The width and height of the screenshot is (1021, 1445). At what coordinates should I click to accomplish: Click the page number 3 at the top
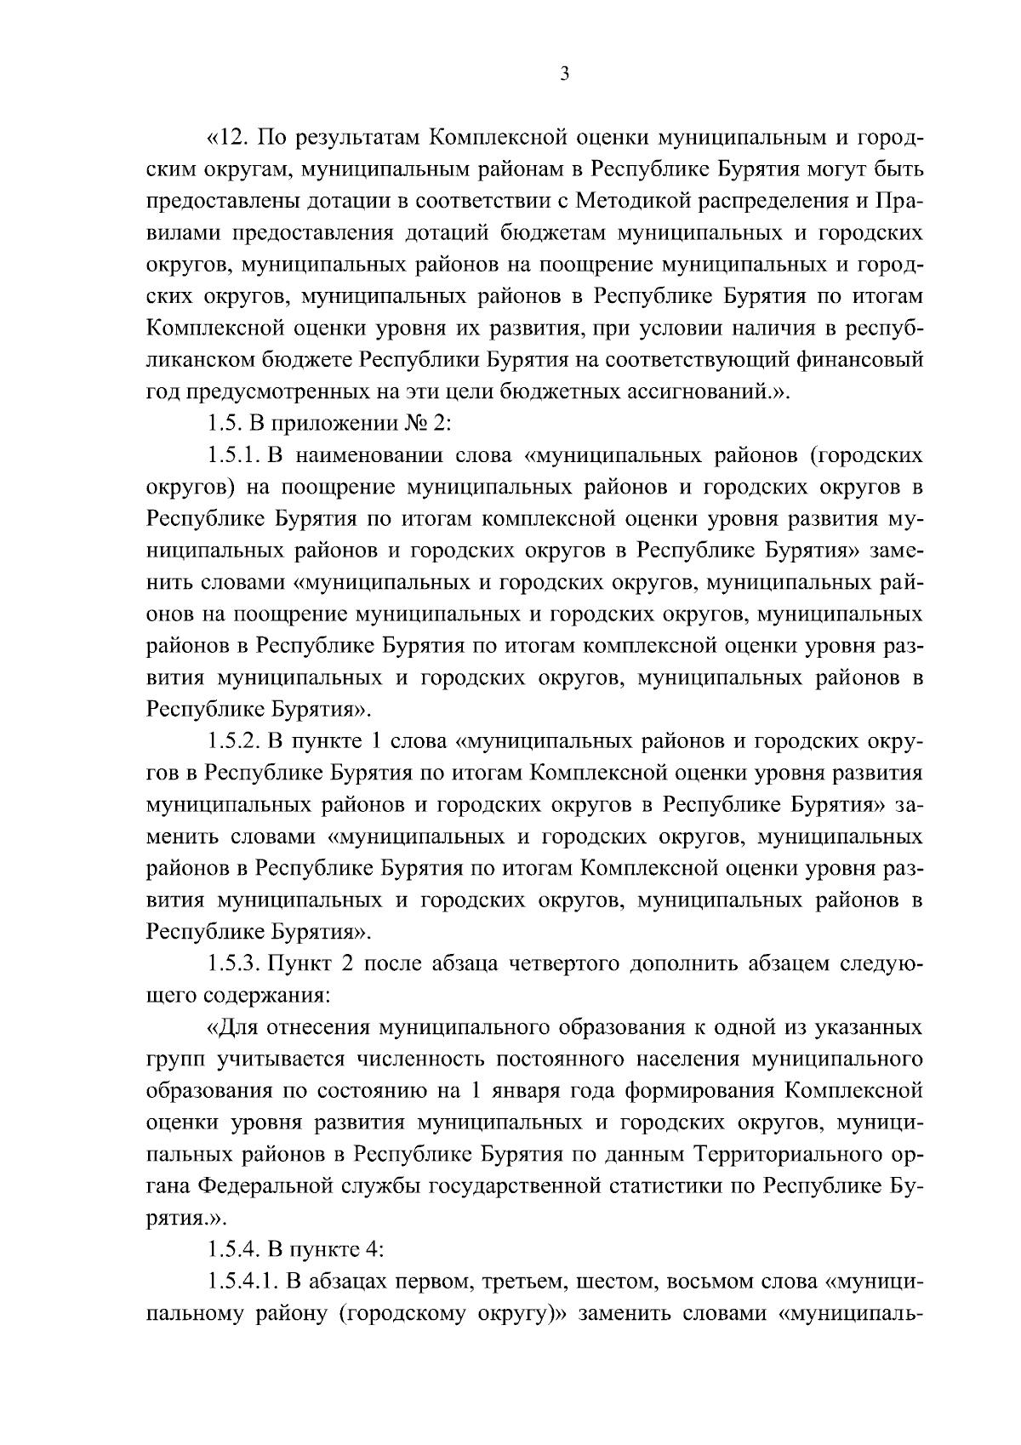[564, 74]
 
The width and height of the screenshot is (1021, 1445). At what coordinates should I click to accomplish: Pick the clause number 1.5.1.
[232, 455]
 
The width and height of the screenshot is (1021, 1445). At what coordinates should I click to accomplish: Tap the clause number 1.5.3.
[232, 963]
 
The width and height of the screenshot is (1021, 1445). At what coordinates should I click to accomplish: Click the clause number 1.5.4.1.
[241, 1281]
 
